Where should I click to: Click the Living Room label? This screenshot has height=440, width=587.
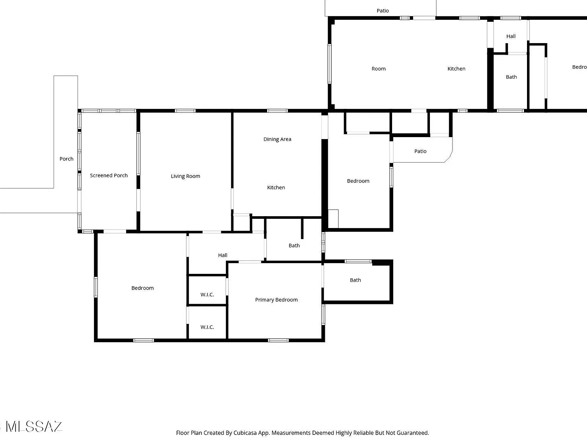coord(185,176)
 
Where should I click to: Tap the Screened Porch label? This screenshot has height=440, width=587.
coord(109,175)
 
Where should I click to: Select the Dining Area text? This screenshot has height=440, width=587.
coord(277,139)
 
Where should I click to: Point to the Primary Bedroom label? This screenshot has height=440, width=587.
coord(276,300)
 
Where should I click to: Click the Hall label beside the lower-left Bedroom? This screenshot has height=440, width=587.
coord(222,255)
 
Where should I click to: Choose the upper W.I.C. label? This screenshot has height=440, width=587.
coord(207,294)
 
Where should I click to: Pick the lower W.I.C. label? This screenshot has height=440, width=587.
coord(207,327)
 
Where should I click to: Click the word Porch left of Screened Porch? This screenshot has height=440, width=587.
coord(66,159)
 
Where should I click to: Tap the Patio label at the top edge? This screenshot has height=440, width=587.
coord(383,11)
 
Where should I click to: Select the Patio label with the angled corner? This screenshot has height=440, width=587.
coord(420,151)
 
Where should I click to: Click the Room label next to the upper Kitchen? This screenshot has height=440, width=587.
coord(378,69)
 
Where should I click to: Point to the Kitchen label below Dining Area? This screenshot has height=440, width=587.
coord(276,188)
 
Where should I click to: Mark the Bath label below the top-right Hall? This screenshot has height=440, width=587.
coord(511,77)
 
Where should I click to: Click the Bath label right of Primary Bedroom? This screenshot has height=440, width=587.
coord(355,280)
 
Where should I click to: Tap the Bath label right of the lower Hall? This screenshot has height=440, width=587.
coord(294,246)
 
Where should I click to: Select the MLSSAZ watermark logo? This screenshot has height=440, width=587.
coord(32,427)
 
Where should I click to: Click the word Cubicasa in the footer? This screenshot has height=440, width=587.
coord(245,433)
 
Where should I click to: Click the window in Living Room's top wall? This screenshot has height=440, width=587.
coord(185,111)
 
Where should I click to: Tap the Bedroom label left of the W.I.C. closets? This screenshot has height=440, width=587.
coord(142,288)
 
